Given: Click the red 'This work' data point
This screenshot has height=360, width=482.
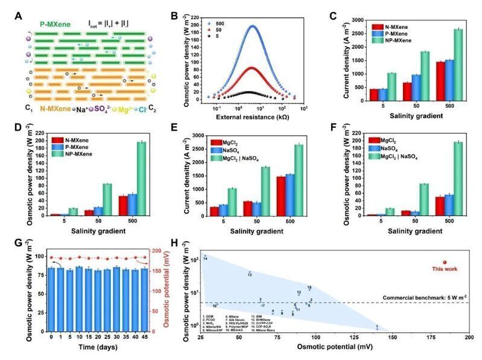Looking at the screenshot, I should coord(445,262).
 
